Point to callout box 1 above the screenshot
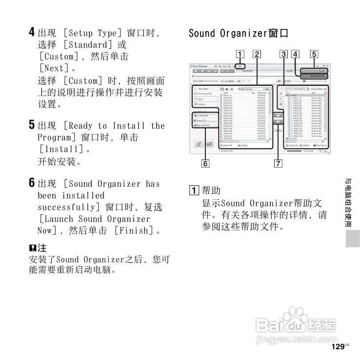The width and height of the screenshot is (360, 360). (240, 54)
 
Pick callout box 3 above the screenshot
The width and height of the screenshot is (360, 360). (283, 54)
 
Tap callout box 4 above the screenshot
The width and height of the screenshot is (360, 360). (296, 54)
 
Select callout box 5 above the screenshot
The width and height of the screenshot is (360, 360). (314, 54)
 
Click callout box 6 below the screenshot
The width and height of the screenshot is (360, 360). (205, 163)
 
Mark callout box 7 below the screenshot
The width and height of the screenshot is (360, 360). (278, 163)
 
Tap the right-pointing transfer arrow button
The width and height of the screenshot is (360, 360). (278, 117)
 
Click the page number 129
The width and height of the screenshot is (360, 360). (337, 347)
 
